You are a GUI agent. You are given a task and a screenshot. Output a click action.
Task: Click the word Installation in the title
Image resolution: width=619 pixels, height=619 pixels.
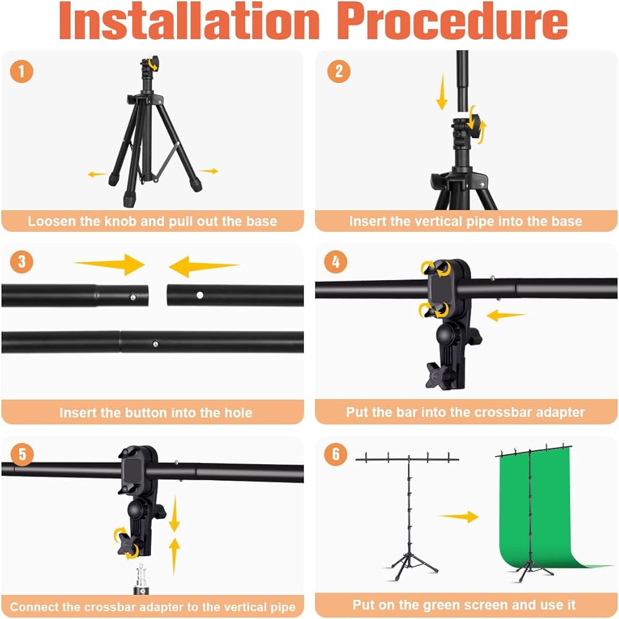(189, 21)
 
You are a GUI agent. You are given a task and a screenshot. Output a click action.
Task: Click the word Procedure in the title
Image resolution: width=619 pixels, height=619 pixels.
(452, 21)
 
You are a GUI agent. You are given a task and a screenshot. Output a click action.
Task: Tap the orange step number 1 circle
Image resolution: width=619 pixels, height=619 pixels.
(21, 71)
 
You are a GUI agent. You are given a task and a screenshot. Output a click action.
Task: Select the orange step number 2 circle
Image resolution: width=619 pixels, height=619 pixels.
(339, 71)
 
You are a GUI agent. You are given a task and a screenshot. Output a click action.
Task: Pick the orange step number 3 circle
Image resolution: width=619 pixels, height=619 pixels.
(21, 261)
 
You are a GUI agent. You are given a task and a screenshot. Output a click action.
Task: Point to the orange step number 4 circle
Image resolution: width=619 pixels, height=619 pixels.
(335, 261)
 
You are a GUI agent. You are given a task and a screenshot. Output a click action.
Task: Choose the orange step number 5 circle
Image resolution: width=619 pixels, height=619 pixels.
(22, 454)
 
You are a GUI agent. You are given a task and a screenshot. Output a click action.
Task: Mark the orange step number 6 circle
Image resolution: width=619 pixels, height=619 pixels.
(335, 454)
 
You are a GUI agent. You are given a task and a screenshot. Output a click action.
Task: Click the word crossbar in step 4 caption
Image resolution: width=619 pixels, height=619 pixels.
(501, 412)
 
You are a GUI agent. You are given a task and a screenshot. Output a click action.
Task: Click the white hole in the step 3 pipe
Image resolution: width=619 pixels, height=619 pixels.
(200, 296)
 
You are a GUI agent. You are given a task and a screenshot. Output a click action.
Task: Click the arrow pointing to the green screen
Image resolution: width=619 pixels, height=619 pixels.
(459, 517)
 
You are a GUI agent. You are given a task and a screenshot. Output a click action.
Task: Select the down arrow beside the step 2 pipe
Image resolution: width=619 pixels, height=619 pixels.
(442, 92)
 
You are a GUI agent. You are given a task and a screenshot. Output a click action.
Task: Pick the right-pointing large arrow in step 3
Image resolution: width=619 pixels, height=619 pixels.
(110, 264)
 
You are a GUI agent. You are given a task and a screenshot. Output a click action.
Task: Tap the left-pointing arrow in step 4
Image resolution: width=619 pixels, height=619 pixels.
(506, 315)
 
